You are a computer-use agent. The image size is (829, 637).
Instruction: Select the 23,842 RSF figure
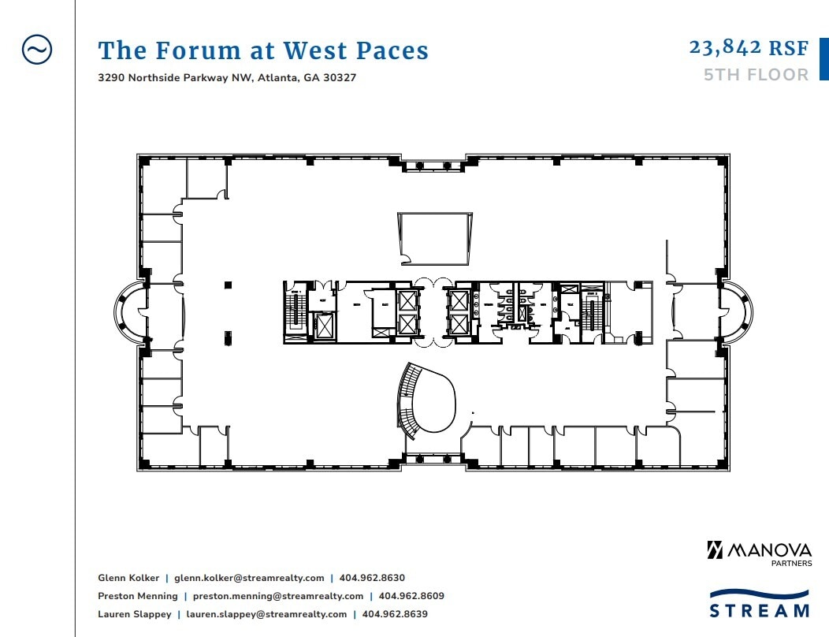coord(749,48)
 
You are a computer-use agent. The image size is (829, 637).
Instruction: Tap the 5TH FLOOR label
coord(756,75)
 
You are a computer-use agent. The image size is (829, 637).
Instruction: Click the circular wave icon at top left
coord(36,50)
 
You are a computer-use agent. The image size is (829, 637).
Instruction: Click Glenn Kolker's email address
coord(249,578)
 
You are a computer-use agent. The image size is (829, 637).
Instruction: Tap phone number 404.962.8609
coord(411,596)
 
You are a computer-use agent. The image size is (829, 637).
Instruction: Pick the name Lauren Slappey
coord(134,614)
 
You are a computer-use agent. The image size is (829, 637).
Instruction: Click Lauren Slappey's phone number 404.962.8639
coord(395,614)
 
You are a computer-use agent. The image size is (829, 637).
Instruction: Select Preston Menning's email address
coord(278,596)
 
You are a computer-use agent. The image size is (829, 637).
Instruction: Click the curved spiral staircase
coord(408,400)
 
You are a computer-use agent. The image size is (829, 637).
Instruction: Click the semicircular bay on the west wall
coord(130,313)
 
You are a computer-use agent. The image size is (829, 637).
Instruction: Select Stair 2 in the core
coord(592,311)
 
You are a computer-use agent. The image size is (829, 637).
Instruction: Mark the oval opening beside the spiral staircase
coord(436,402)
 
